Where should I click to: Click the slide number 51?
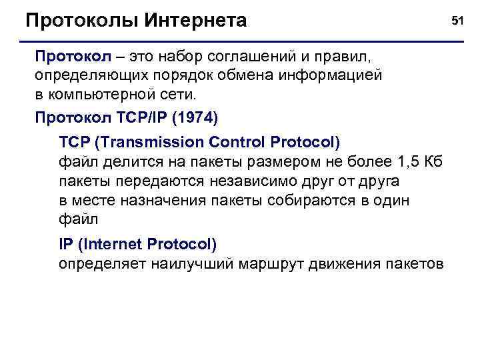pyautogui.click(x=457, y=21)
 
